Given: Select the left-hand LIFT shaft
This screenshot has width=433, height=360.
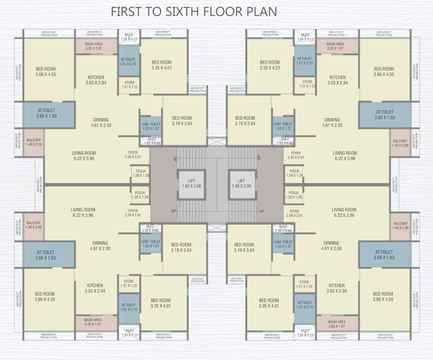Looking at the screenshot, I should pos(191,183).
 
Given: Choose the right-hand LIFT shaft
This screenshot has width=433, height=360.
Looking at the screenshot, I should pos(241,183).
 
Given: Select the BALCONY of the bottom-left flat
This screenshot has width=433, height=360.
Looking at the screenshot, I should pos(34,225).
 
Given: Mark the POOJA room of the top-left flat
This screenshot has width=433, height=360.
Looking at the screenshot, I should pos(141,172).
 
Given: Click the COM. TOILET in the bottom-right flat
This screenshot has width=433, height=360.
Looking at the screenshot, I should pos(283,244).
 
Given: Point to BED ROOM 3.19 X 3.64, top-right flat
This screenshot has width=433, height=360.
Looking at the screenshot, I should pos(245,120).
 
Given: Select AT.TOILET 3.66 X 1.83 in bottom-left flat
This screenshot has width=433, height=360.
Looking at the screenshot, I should pos(46,255).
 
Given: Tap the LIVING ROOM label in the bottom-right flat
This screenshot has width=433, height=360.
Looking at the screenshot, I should pos(344,212).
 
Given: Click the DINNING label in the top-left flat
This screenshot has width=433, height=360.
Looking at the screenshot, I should pos(100,122).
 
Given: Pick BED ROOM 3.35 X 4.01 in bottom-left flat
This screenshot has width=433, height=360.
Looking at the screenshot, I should pos(160,303).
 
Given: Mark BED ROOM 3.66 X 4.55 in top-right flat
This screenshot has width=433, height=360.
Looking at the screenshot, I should pos(384,71).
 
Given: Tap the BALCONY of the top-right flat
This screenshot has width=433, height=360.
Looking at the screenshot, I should pos(400,143).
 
